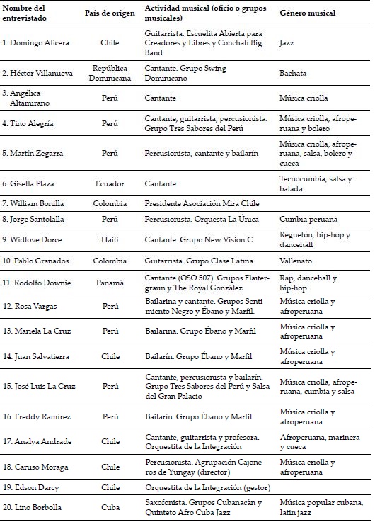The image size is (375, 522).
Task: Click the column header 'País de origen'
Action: [110, 13]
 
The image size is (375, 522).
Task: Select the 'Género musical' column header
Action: [308, 13]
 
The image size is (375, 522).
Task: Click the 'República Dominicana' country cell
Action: [110, 73]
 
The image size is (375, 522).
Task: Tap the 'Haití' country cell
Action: [110, 239]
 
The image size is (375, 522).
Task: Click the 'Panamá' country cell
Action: [110, 282]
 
